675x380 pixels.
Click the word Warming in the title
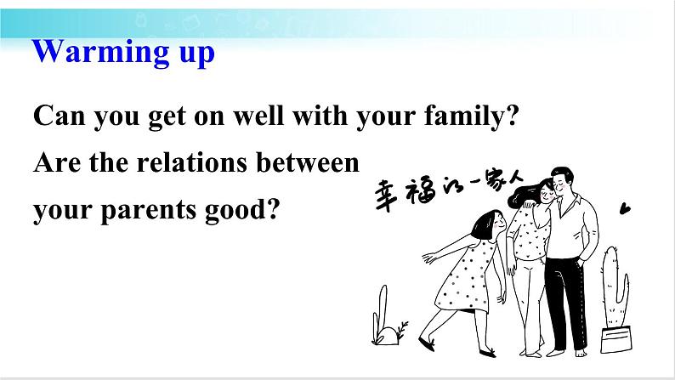click(100, 52)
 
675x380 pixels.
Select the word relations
click(192, 162)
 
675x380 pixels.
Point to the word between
click(308, 162)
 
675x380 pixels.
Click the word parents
click(148, 211)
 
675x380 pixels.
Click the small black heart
click(625, 209)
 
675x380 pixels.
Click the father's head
click(562, 182)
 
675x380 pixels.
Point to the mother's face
click(546, 193)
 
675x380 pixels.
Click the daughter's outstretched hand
click(428, 258)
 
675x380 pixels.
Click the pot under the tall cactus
click(616, 340)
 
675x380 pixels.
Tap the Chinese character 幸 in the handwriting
click(384, 196)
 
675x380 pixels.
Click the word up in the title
click(196, 54)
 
